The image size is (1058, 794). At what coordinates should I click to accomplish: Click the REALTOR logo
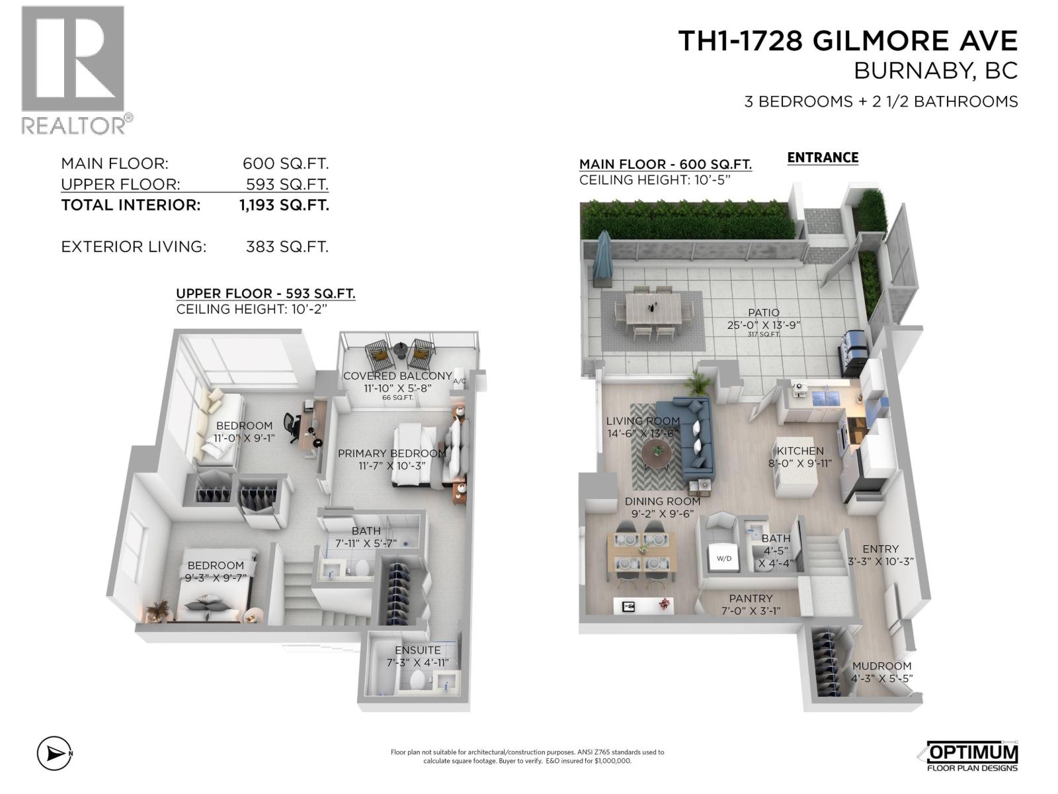[x=73, y=69]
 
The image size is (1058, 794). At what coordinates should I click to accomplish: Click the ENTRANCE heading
[x=823, y=157]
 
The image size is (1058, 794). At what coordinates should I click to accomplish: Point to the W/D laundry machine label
[x=724, y=558]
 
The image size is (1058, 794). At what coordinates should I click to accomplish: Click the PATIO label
[x=764, y=312]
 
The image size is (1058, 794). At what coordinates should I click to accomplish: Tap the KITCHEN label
[x=800, y=451]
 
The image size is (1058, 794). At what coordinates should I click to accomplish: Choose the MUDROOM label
[x=881, y=666]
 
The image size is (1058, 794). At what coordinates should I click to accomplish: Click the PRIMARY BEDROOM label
[x=391, y=453]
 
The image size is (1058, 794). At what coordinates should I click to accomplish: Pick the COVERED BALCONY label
[x=397, y=376]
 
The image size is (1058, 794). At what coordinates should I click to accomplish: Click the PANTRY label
[x=751, y=598]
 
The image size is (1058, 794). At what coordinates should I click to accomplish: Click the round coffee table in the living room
[x=657, y=453]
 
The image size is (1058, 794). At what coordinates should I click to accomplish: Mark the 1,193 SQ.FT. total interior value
[x=284, y=205]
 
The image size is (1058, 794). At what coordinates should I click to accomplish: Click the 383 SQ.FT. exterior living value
[x=287, y=247]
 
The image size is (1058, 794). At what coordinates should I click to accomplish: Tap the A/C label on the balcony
[x=460, y=381]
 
